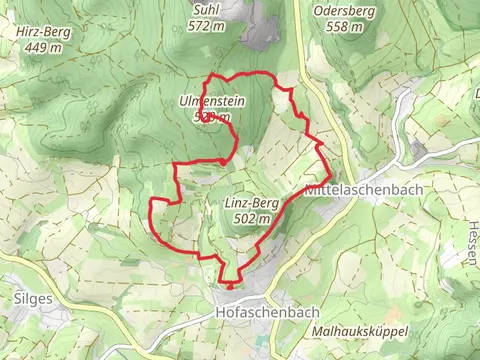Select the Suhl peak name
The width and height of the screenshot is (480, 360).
tap(205, 11)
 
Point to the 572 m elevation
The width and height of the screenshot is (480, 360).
tap(205, 26)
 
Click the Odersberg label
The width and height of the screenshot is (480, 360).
tap(343, 11)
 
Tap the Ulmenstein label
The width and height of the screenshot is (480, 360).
tap(211, 102)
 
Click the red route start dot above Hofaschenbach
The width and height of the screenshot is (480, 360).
tap(229, 286)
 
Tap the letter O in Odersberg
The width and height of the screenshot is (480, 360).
tap(317, 11)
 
